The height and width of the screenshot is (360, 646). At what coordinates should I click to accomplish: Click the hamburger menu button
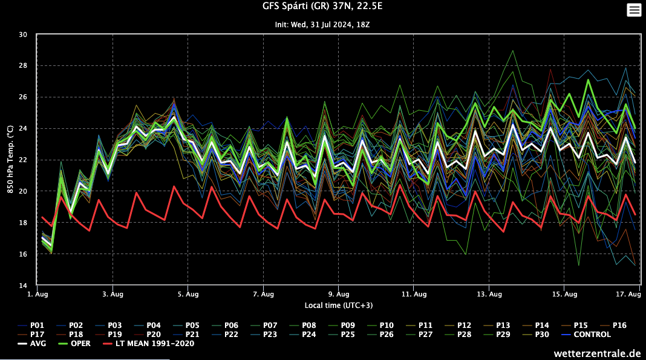(x=634, y=10)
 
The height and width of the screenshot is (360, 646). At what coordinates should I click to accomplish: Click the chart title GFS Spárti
(x=322, y=7)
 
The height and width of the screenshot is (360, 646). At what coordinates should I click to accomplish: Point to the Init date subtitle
(x=322, y=25)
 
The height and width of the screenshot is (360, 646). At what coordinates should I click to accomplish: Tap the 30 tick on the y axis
(x=24, y=34)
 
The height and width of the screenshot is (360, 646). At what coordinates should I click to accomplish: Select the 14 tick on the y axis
(x=24, y=286)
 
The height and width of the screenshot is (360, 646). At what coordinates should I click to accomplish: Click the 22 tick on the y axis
(x=24, y=160)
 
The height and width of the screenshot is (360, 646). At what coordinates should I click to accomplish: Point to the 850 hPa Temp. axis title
(x=10, y=160)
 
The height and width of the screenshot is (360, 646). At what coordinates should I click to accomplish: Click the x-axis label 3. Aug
(x=113, y=295)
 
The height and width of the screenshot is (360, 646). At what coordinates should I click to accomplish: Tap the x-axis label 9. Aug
(x=339, y=295)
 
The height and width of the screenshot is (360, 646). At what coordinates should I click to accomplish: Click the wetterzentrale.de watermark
(x=596, y=353)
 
